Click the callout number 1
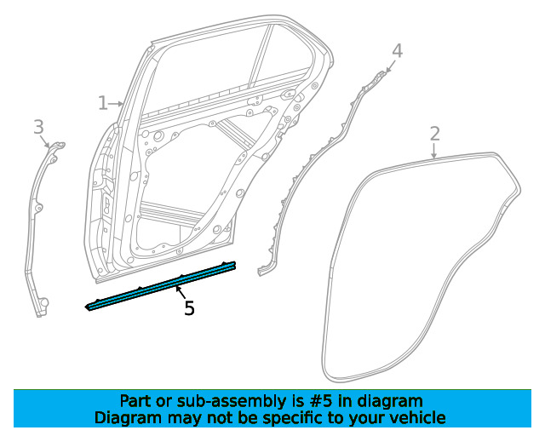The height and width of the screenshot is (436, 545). point(102,103)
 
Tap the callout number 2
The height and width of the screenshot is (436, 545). point(434,134)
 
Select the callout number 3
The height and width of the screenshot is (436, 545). point(38,127)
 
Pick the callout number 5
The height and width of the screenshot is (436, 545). point(189,308)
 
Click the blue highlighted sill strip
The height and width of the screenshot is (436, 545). point(162,285)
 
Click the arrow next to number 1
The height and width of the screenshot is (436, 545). point(117,103)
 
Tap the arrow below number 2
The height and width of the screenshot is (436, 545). point(434,152)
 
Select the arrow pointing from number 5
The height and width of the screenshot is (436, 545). point(181,294)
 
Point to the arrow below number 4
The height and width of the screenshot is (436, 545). point(391,66)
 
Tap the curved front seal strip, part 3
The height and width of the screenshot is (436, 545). point(38,221)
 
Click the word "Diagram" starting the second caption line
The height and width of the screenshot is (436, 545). point(125,418)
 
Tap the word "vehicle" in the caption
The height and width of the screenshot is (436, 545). point(417,418)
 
